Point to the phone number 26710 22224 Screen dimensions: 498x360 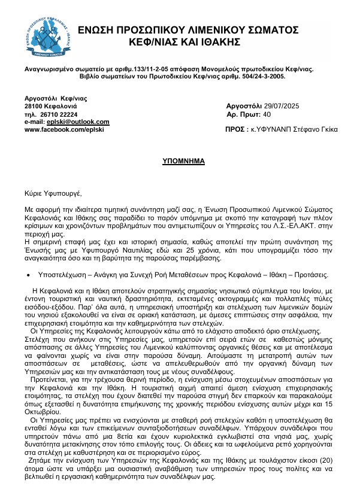coord(59,114)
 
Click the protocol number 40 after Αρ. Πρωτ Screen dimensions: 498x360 coord(267,114)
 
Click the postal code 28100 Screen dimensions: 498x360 coord(34,105)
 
